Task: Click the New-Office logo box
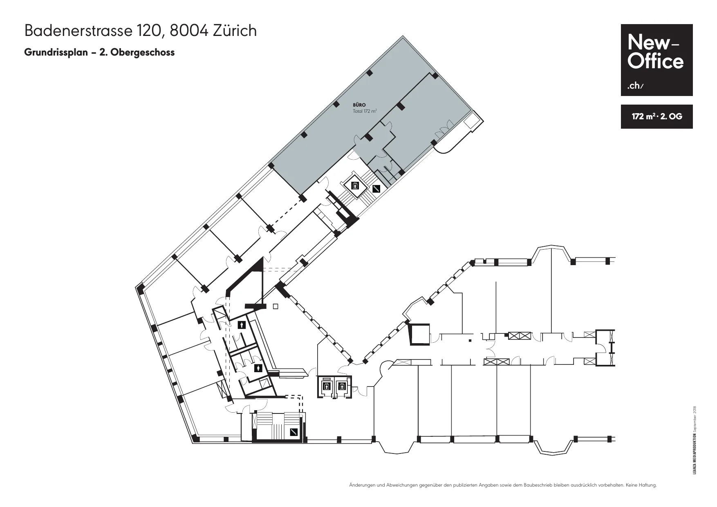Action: pos(657,60)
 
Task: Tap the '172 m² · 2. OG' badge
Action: pos(657,116)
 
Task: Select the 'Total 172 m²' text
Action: pos(365,111)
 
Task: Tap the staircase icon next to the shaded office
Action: pos(376,189)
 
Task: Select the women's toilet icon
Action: pos(258,369)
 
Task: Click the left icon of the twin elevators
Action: pos(326,386)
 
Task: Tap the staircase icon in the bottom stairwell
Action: pos(294,432)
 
